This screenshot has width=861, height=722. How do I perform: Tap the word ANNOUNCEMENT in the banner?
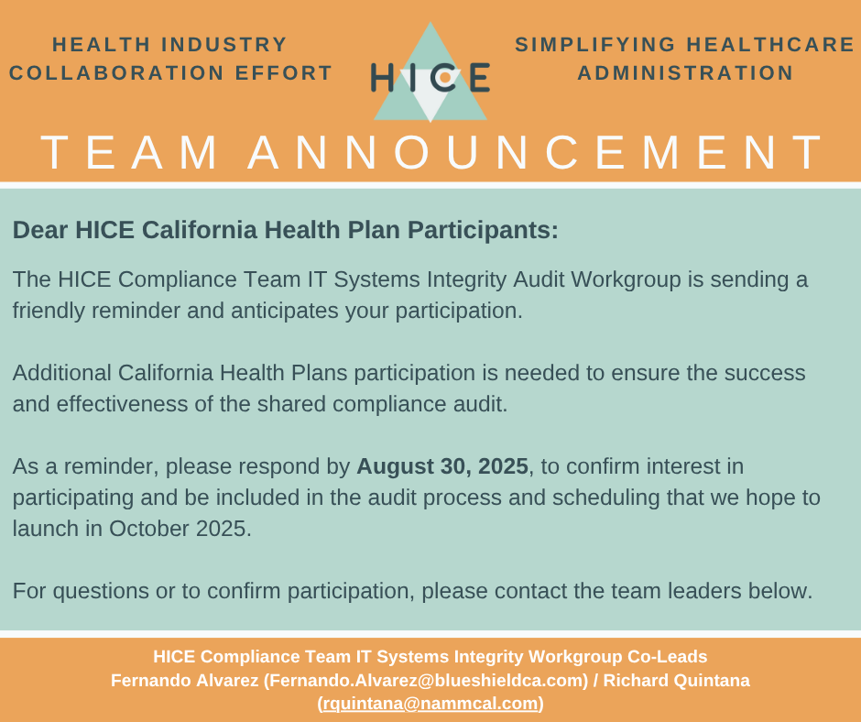click(x=535, y=152)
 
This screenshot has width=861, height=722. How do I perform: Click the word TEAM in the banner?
click(x=129, y=152)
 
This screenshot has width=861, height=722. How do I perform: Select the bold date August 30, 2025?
click(x=442, y=466)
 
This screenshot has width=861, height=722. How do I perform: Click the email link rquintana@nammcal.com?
click(x=430, y=704)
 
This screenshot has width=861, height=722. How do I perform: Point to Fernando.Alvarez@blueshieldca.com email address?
click(x=426, y=680)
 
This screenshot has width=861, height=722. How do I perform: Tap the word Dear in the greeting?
click(x=40, y=230)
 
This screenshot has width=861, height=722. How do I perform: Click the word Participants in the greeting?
click(x=483, y=230)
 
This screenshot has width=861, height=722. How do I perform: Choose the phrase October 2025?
click(x=180, y=529)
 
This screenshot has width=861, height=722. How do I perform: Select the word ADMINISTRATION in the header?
click(x=685, y=73)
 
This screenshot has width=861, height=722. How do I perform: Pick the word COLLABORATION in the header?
click(x=116, y=73)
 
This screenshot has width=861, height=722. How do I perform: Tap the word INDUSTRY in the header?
click(x=224, y=45)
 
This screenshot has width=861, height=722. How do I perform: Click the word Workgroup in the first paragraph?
click(x=626, y=279)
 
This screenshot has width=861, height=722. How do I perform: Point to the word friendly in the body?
click(x=49, y=311)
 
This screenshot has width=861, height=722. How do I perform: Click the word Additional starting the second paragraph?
click(x=61, y=373)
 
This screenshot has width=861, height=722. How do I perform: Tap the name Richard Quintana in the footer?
click(x=677, y=680)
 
